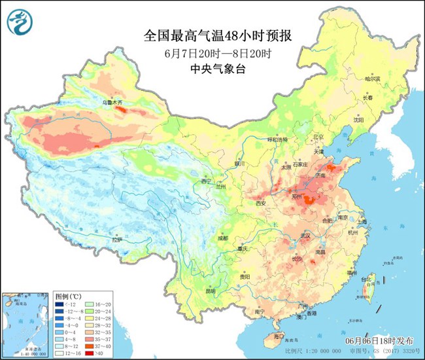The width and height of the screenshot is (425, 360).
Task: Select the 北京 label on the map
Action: pyautogui.click(x=318, y=137)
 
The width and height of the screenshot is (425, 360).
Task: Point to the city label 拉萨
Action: pyautogui.click(x=117, y=241)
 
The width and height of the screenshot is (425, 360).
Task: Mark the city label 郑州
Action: pyautogui.click(x=300, y=196)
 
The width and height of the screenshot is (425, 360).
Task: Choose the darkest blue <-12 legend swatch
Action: pyautogui.click(x=59, y=305)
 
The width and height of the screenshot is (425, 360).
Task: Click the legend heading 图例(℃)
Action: pyautogui.click(x=67, y=296)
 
